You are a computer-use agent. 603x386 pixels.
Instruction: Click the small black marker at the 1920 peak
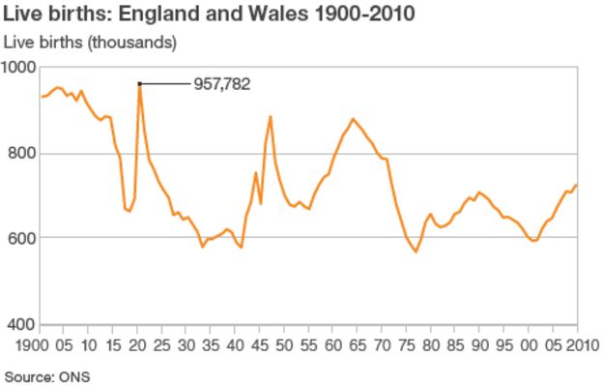point(140,84)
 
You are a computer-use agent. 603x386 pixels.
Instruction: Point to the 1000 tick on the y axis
point(19,67)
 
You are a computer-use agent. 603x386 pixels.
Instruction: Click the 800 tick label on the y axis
point(22,153)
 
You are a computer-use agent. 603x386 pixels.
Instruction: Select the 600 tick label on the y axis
point(22,238)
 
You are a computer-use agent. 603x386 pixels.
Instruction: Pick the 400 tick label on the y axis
point(22,324)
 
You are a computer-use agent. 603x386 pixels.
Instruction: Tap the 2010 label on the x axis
point(578,344)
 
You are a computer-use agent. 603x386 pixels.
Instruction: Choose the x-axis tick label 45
point(260,344)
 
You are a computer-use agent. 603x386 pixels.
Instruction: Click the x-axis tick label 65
point(358,344)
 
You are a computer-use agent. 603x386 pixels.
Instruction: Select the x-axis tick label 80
point(431,344)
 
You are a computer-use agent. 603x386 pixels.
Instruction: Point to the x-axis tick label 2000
point(530,344)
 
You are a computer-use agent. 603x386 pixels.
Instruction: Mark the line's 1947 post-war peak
point(271,117)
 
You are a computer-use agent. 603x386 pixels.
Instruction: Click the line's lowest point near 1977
point(416,252)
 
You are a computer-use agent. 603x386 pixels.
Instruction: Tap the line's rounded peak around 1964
point(353,119)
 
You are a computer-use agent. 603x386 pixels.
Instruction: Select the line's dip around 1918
point(129,210)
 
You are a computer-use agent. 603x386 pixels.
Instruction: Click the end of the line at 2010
point(578,185)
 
